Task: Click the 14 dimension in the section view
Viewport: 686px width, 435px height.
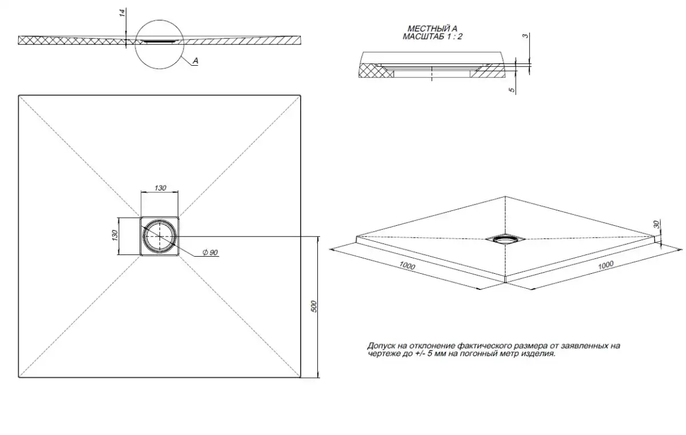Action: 122,13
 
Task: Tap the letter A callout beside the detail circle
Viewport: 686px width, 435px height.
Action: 196,61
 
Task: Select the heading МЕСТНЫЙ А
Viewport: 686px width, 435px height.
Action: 432,29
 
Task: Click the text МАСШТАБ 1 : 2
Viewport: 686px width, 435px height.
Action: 432,37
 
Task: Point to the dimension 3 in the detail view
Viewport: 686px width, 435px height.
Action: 525,36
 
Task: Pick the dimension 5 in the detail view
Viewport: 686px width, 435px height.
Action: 512,90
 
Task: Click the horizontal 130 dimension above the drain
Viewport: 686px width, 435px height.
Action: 160,187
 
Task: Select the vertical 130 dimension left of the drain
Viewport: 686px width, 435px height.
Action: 114,235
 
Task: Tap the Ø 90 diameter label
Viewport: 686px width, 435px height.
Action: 210,252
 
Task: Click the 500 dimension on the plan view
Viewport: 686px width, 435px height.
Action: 314,306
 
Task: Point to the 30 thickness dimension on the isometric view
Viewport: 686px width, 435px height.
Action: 656,225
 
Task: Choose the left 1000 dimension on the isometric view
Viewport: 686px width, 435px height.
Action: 407,265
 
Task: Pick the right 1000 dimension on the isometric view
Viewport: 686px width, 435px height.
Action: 606,265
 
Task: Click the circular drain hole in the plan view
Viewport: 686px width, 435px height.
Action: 159,236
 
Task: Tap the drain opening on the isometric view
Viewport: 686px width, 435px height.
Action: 505,239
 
